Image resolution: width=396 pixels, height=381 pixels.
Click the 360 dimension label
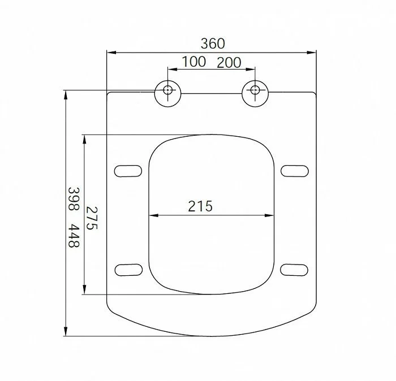[213, 44]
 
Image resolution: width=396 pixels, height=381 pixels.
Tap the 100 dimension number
[193, 62]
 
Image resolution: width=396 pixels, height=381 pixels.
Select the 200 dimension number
[229, 63]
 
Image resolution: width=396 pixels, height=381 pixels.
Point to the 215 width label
[200, 206]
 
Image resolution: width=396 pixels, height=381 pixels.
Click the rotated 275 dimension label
[92, 218]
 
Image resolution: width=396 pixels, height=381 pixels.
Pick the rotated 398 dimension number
[74, 199]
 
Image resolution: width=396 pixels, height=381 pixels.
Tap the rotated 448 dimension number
[74, 236]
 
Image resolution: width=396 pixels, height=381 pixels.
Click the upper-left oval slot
[128, 171]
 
